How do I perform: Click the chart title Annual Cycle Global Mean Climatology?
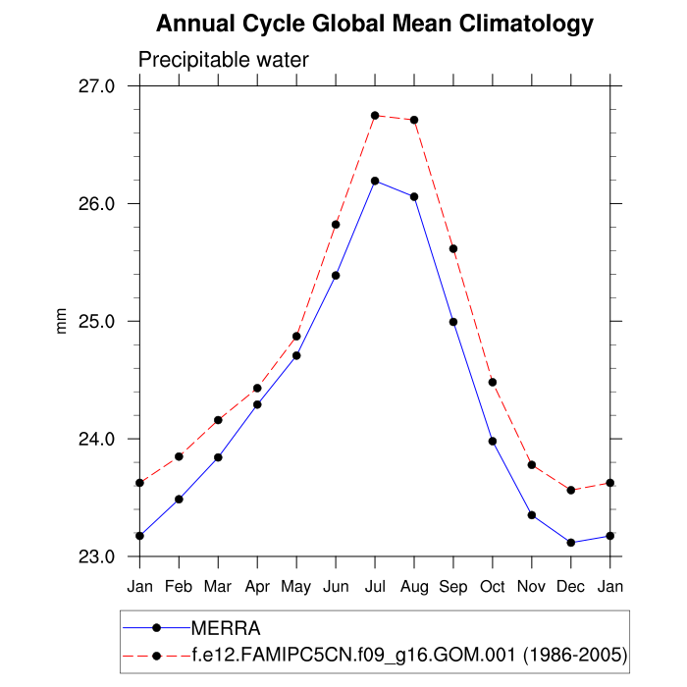(375, 24)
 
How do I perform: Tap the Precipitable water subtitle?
(224, 60)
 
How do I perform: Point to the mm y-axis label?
(62, 321)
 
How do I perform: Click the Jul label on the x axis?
(375, 587)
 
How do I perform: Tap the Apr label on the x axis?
(257, 587)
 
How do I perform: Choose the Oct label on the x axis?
(493, 587)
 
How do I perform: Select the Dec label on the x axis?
(571, 587)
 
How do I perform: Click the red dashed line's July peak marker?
(375, 116)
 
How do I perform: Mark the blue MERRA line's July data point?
(375, 181)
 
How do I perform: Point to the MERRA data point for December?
(571, 543)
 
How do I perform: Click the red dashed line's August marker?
(414, 120)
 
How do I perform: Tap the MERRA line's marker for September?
(453, 322)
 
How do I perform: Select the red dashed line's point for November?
(532, 464)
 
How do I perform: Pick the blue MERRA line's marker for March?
(218, 457)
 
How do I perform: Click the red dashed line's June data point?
(336, 225)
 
